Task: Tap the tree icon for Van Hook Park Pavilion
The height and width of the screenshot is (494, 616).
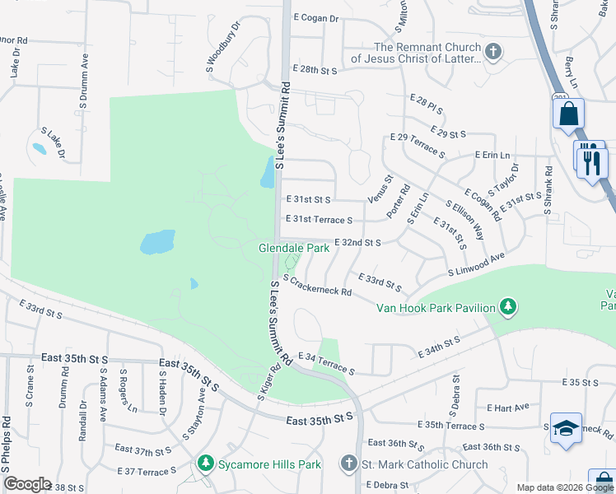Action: [x=509, y=308]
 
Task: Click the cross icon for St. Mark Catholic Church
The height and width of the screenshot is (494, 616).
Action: [x=350, y=464]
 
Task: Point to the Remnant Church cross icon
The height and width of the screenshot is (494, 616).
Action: [x=492, y=53]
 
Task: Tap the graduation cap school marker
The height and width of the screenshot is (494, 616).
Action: [x=566, y=429]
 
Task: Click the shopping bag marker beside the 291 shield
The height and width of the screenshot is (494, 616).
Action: [x=568, y=114]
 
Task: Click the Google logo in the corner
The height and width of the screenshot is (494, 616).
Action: [x=27, y=484]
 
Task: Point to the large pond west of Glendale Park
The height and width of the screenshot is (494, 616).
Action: [x=157, y=242]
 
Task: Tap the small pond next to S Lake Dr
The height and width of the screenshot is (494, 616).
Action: [x=39, y=149]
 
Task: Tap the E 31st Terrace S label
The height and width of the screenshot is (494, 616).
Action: [x=319, y=220]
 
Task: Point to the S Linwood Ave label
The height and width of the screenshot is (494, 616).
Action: [x=476, y=266]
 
